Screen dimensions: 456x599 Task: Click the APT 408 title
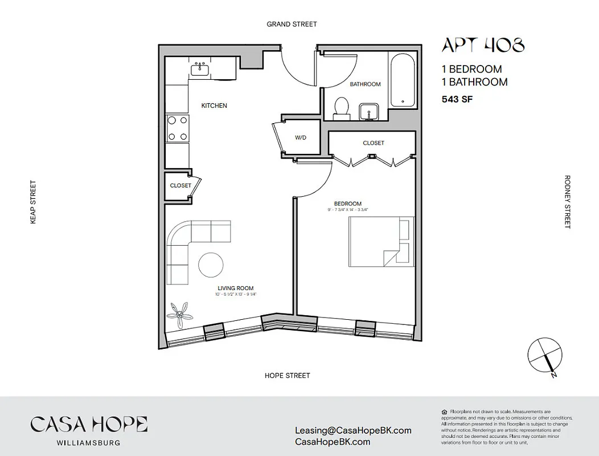[483, 44]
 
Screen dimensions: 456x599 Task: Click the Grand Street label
[292, 24]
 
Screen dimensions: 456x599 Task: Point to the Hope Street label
[287, 376]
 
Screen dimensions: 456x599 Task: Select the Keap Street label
[33, 202]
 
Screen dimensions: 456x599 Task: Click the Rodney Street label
[567, 202]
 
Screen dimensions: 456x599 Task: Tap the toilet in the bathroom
[342, 108]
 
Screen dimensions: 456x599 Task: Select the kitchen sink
[200, 70]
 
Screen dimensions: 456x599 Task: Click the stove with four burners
[177, 128]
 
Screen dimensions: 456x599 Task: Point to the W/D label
[300, 138]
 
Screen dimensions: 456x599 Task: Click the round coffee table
[211, 265]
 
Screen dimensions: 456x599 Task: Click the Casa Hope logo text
[89, 424]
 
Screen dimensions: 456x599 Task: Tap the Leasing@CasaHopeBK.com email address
[353, 431]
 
